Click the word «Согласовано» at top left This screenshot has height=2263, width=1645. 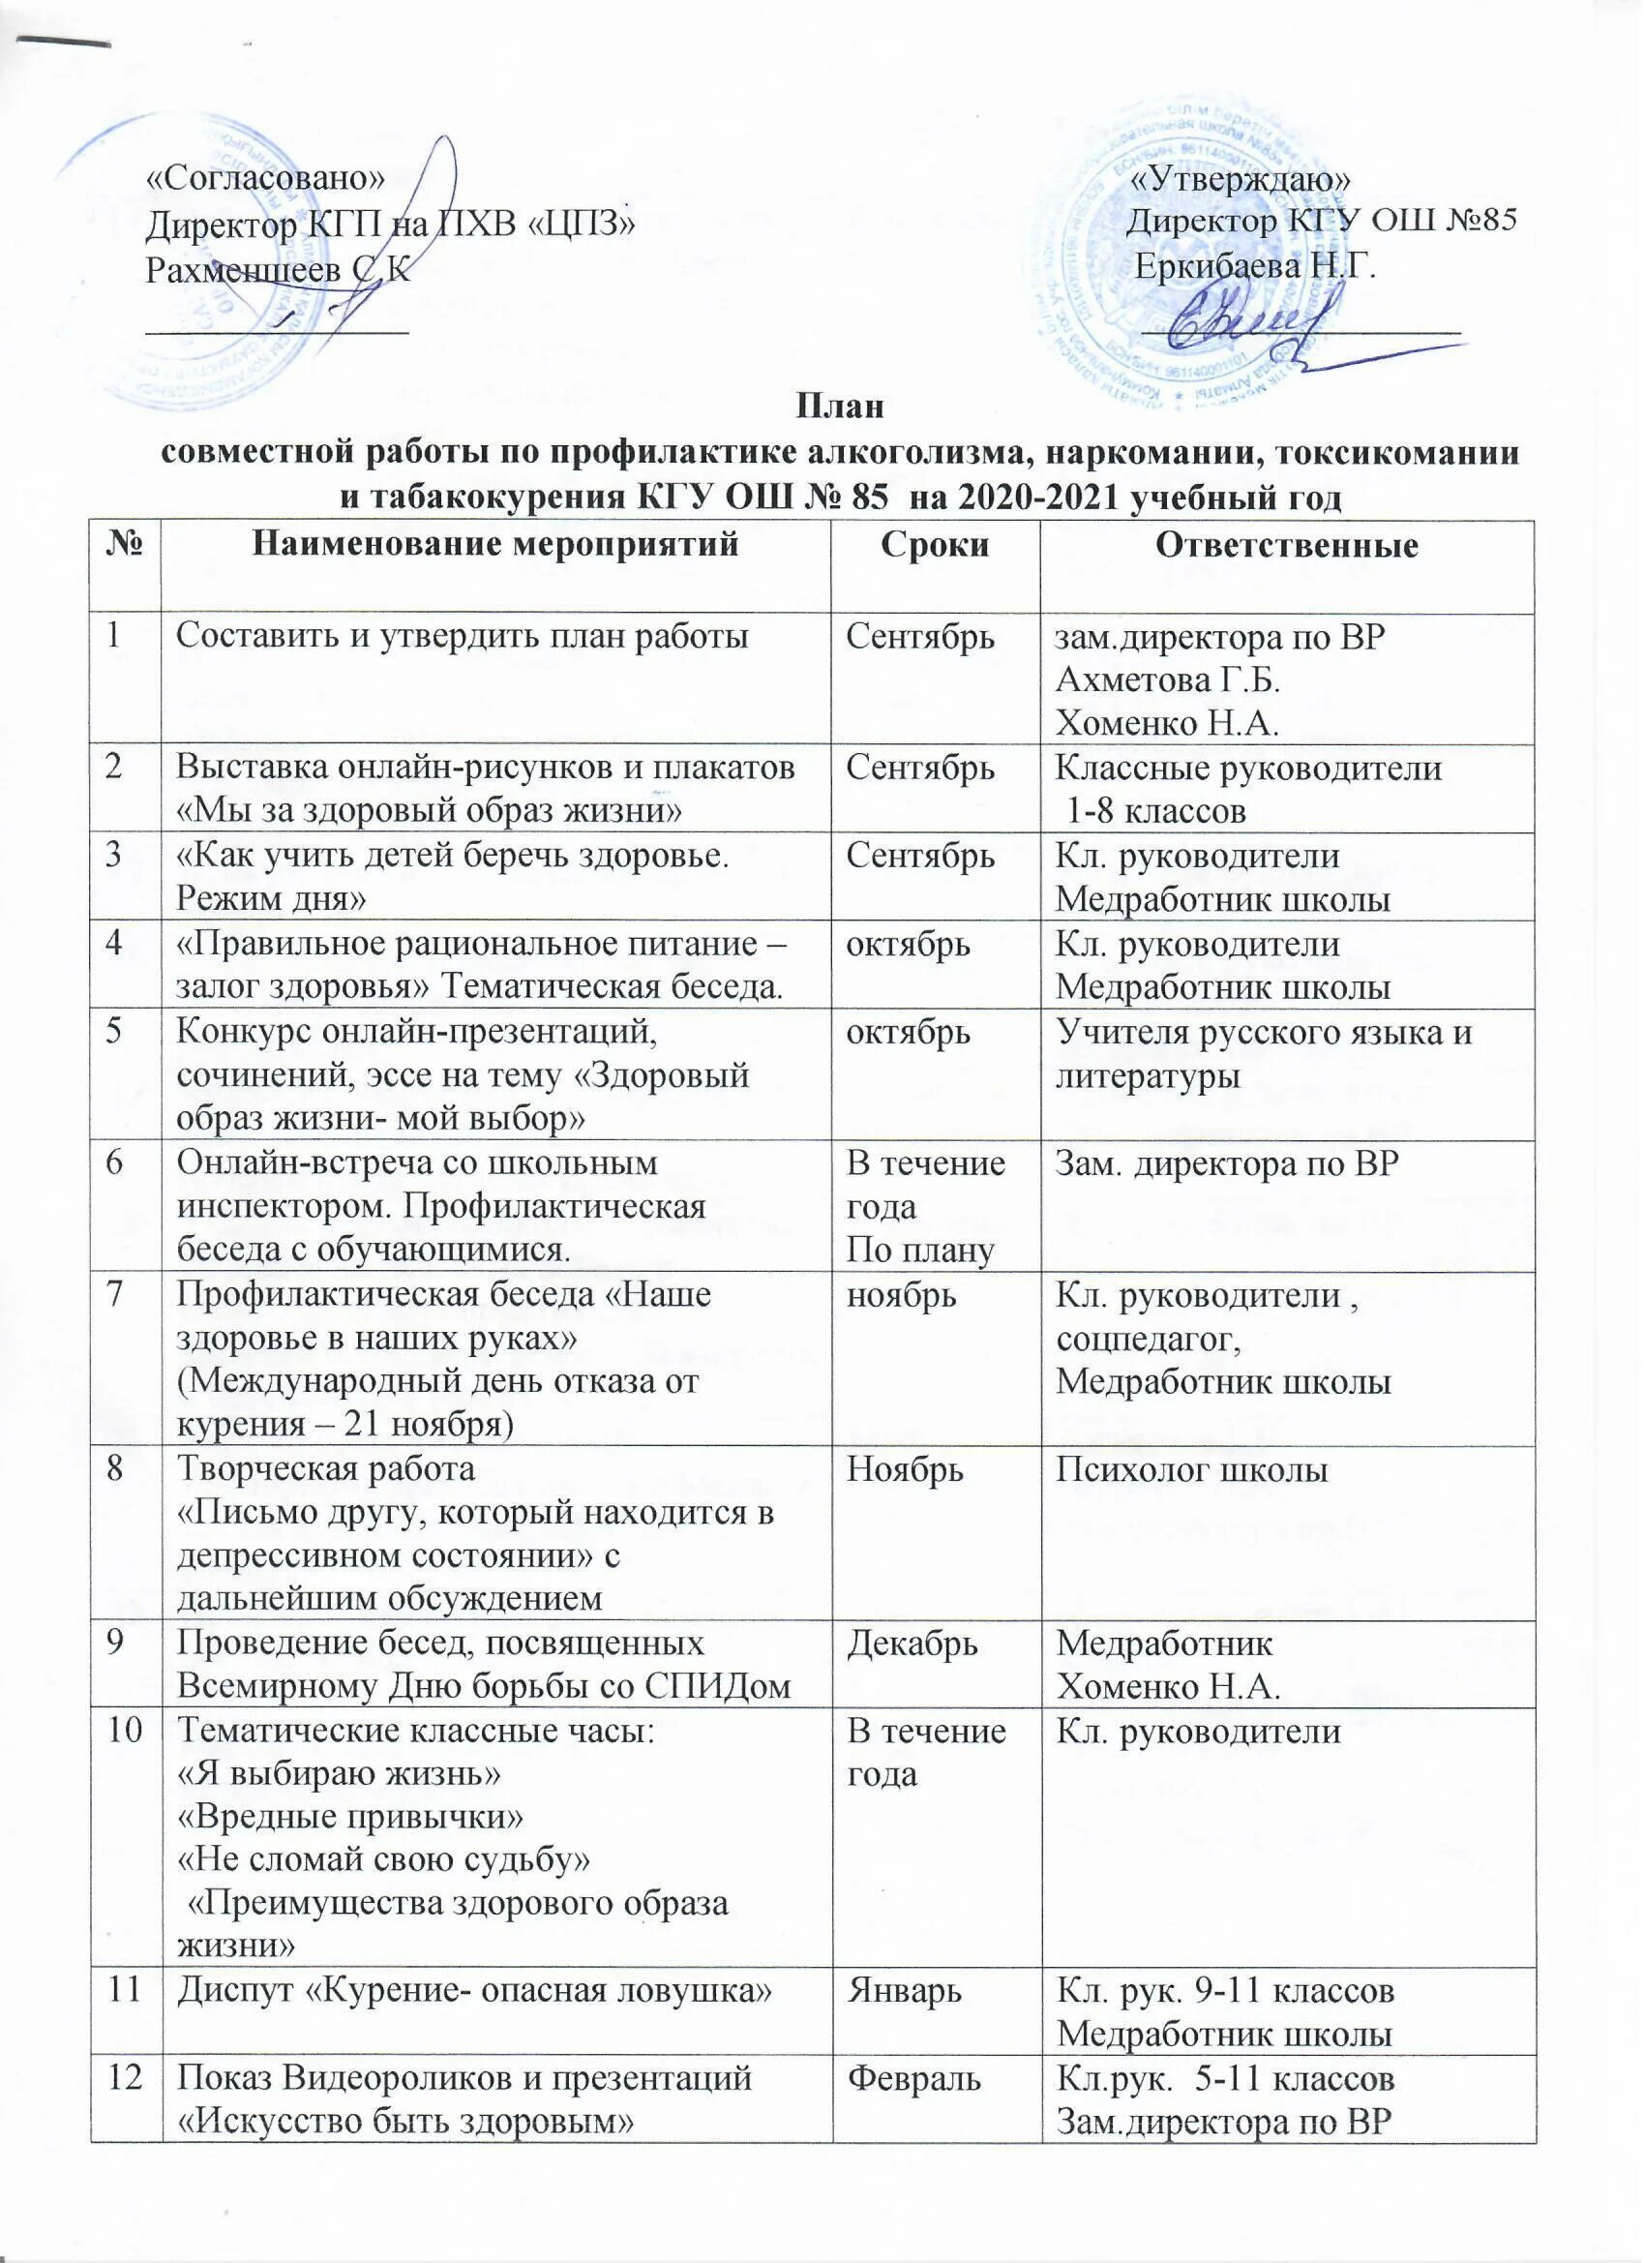pyautogui.click(x=265, y=177)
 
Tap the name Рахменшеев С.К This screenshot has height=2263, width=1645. pyautogui.click(x=278, y=268)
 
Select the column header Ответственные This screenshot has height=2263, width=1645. pyautogui.click(x=1286, y=546)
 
